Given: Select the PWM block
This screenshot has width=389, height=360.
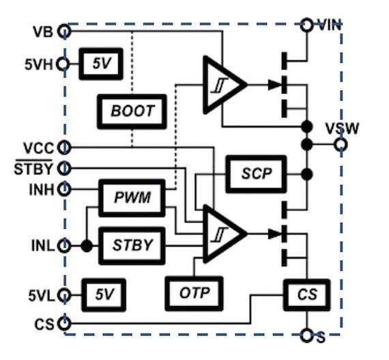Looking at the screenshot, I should point(133,198).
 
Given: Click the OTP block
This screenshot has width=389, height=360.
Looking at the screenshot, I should point(194,293).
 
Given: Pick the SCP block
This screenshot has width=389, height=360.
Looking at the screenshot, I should point(256,173).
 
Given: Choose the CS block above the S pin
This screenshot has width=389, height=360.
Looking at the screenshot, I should point(306,294).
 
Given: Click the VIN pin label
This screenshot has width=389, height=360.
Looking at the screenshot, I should point(328,25).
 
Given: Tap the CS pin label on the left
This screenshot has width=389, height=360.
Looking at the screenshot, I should point(44,322).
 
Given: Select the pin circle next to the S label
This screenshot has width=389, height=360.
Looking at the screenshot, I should point(307,336).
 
